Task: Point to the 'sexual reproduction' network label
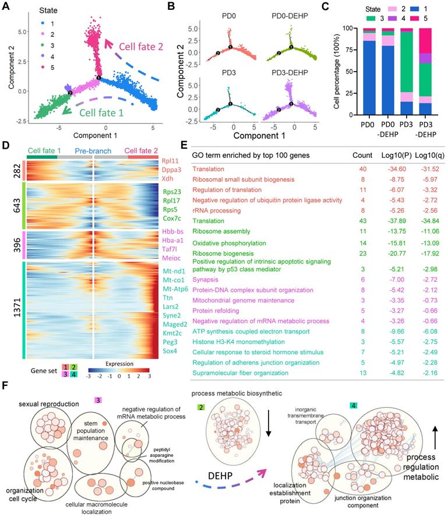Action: coord(48,403)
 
